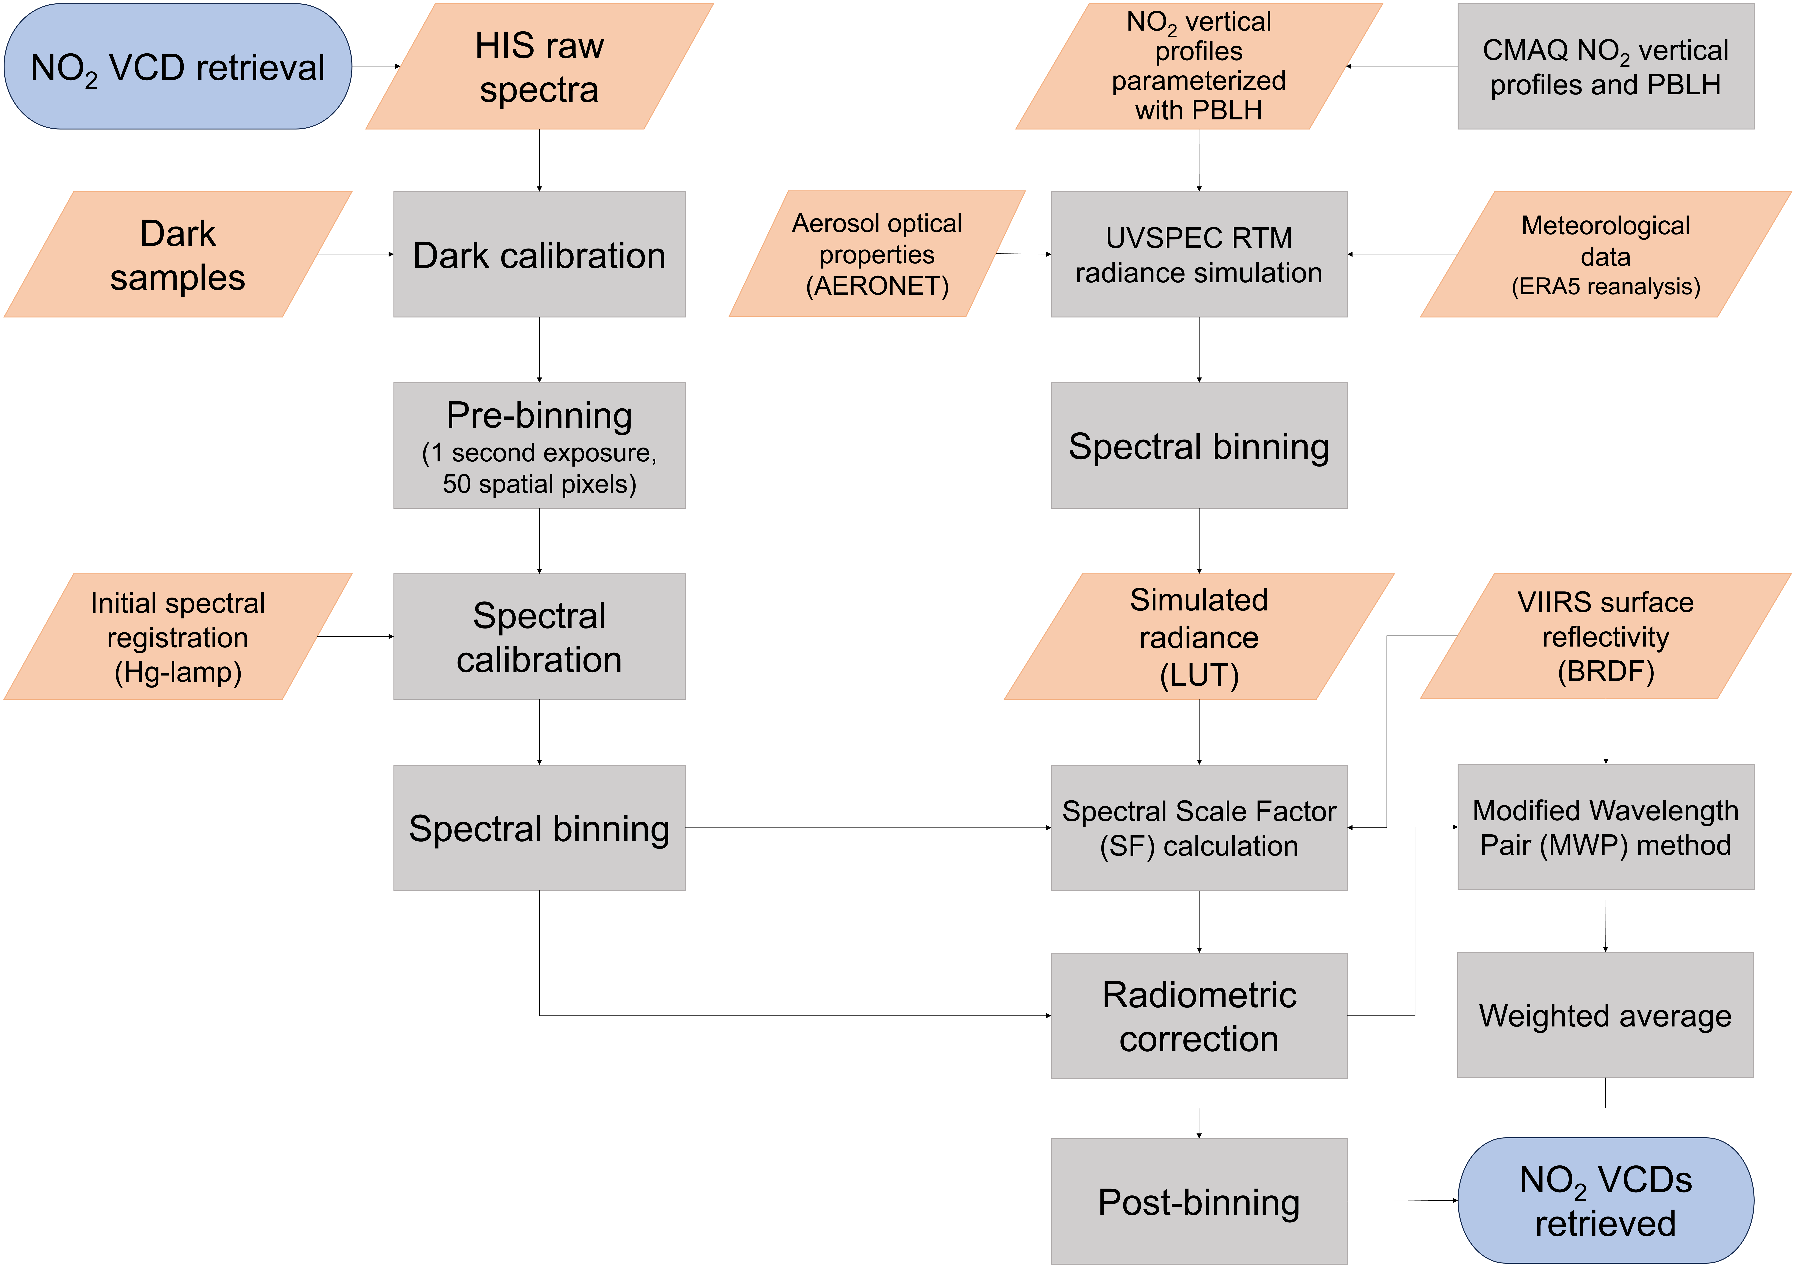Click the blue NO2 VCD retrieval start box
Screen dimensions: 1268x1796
178,66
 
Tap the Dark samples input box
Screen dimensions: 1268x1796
178,254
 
